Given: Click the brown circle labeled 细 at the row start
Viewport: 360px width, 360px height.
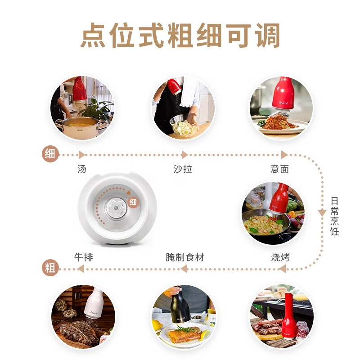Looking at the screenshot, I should point(50,154).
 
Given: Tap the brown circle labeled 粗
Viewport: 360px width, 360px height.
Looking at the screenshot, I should point(50,269).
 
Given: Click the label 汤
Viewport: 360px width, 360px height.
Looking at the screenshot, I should point(82,169).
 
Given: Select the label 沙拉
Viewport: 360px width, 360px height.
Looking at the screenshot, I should point(183,169).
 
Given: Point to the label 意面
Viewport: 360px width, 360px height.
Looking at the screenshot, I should point(279,169).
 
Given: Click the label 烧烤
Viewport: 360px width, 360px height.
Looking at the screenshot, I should point(280,257).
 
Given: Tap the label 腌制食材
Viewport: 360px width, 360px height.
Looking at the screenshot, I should point(185,257).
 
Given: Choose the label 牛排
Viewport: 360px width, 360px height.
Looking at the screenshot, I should point(84,257).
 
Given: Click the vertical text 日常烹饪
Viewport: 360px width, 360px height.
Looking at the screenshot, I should point(334,216).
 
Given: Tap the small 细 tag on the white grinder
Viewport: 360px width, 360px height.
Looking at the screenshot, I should point(133,202).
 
